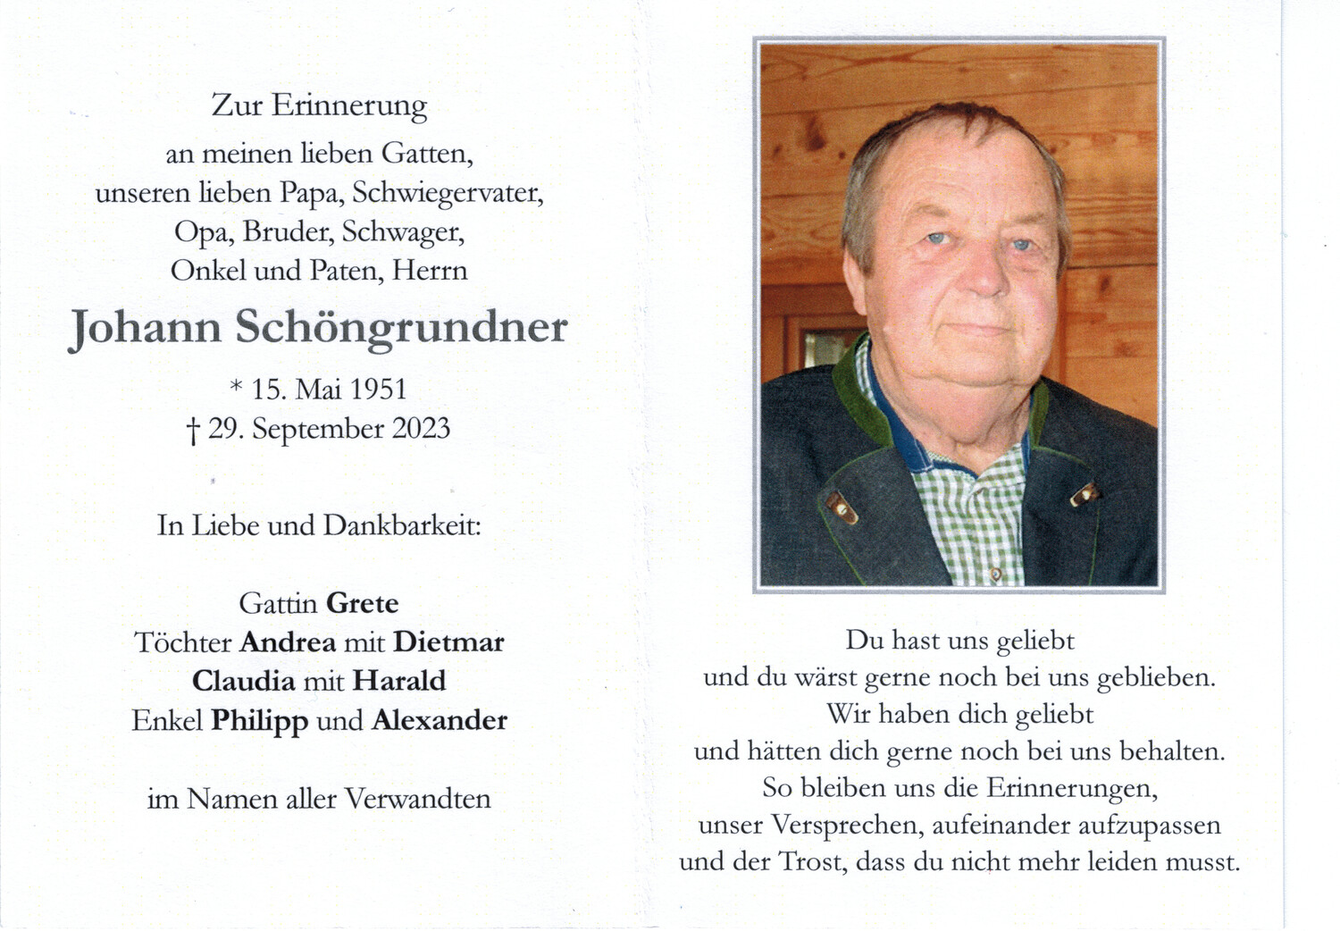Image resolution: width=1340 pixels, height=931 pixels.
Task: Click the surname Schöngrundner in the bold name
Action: [401, 329]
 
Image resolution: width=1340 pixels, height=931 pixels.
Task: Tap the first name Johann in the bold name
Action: [146, 329]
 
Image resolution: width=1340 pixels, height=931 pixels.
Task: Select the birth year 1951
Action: [378, 390]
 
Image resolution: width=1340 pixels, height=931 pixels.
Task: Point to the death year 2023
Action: [421, 429]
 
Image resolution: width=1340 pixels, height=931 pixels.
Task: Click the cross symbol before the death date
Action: [193, 432]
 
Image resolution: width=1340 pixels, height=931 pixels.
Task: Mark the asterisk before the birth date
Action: [236, 386]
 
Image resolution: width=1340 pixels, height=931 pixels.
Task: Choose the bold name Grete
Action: [362, 603]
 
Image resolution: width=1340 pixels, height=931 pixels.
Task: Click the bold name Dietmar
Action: [448, 642]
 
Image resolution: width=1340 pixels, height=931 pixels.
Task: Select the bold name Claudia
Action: [243, 681]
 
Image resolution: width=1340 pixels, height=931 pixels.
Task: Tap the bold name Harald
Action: [399, 681]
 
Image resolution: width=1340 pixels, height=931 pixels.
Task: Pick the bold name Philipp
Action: [259, 721]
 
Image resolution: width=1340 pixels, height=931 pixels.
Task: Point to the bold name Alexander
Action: [440, 720]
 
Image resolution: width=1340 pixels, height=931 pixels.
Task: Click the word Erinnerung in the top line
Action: [349, 106]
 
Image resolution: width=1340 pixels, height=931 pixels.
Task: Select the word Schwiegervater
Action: [448, 194]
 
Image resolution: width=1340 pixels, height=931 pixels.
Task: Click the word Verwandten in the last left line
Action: [418, 799]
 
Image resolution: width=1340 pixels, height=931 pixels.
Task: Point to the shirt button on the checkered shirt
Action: [994, 573]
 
